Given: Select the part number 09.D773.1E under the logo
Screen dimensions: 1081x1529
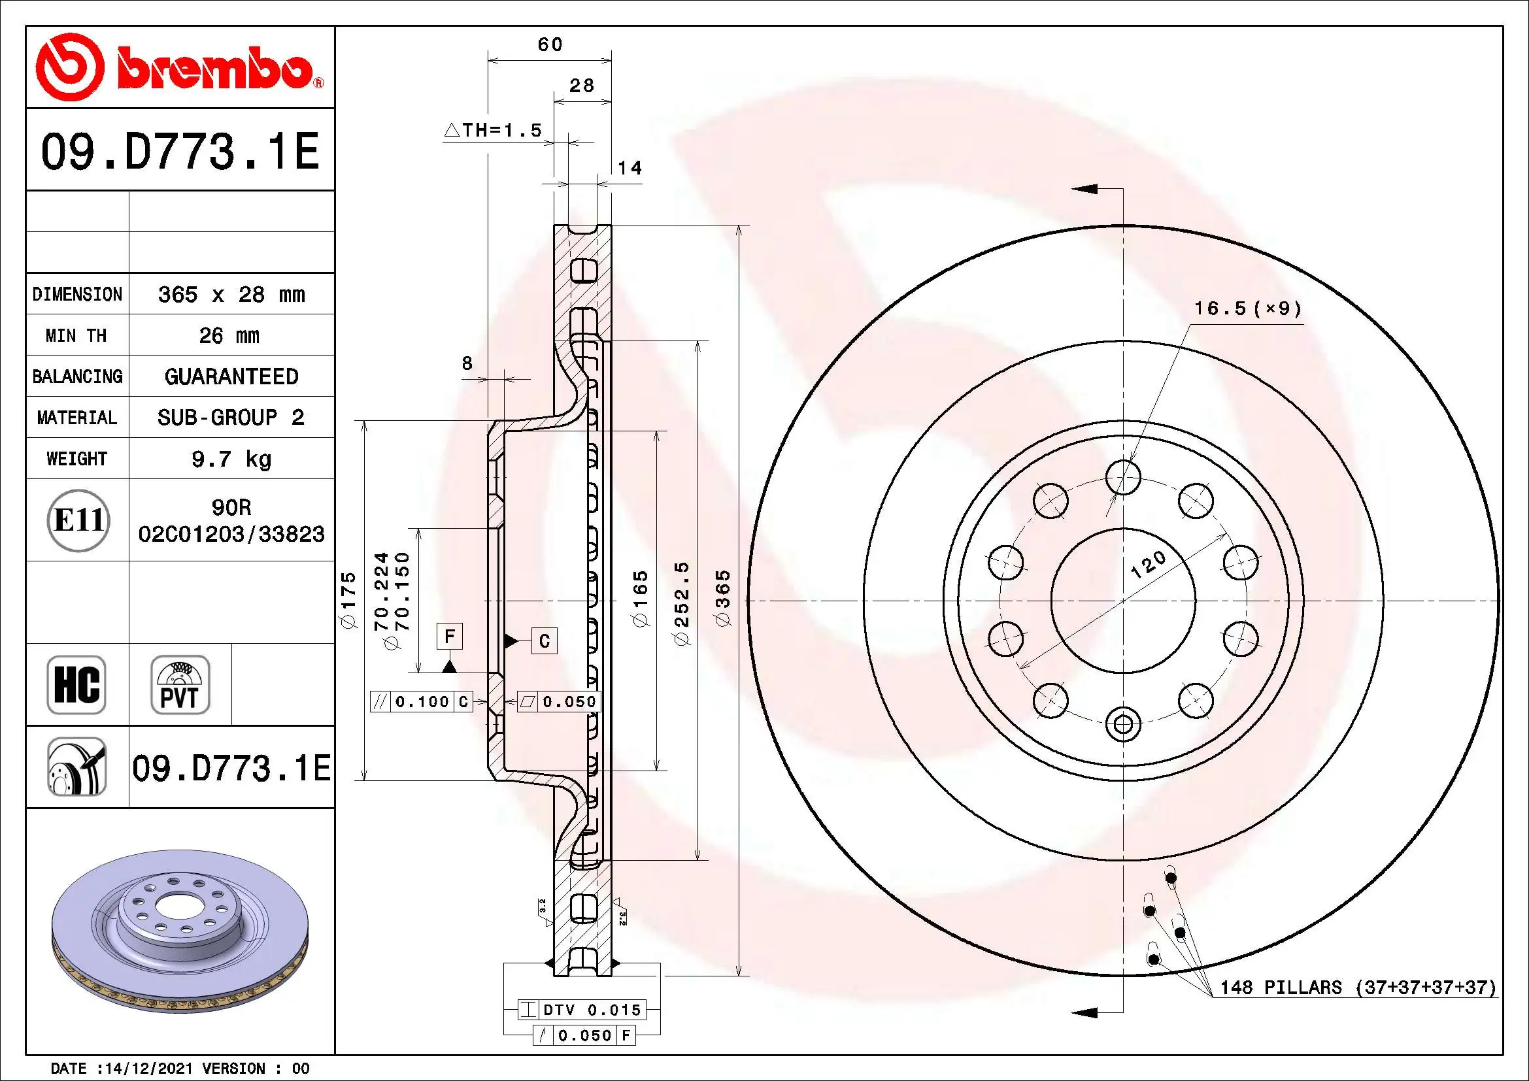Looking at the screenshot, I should point(180,151).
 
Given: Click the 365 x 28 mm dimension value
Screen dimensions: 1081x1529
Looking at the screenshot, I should point(231,294).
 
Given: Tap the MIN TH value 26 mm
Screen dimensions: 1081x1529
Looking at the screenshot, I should point(229,335).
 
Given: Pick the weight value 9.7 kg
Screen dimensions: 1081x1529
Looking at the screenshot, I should point(231,459).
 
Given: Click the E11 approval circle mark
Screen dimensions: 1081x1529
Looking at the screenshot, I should point(78,520).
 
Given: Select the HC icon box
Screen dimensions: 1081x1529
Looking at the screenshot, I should point(76,684).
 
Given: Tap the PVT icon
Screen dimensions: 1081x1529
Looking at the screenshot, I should point(180,684).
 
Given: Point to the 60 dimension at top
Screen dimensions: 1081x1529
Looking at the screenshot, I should point(550,44).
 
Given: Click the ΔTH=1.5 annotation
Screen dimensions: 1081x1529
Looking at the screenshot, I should point(494,130).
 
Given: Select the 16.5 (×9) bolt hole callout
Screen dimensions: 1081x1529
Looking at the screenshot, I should point(1247,308).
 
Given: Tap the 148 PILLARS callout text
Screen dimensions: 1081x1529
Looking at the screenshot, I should point(1357,987).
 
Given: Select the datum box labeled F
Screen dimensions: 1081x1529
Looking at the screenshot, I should point(450,637).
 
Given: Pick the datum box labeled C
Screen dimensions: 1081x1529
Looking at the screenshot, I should point(544,641).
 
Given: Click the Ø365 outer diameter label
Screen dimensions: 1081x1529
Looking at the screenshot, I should point(722,598).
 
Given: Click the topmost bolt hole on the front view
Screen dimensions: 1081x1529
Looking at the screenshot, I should point(1123,477).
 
